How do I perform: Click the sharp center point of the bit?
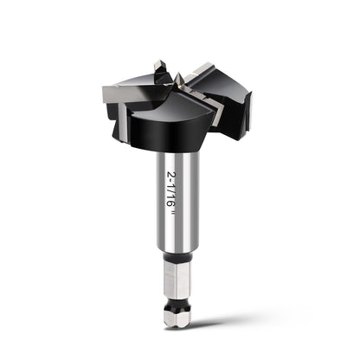pyautogui.click(x=178, y=76)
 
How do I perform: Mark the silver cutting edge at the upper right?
pyautogui.click(x=199, y=70)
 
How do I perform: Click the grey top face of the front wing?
pyautogui.click(x=171, y=108)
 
